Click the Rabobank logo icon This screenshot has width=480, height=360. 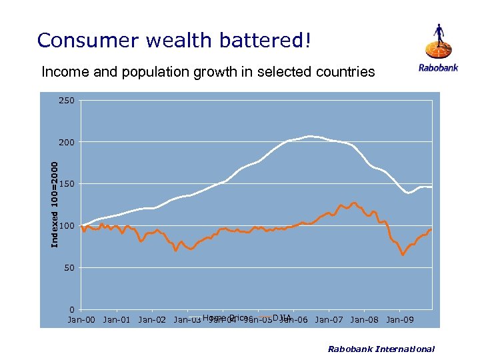439,41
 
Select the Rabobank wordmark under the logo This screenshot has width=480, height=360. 438,67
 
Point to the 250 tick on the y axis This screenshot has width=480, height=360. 67,101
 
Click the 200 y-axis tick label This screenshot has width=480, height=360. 67,143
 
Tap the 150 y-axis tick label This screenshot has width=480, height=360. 67,184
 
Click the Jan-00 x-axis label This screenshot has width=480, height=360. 81,320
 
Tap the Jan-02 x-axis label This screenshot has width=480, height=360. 152,320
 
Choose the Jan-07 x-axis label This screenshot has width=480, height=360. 329,320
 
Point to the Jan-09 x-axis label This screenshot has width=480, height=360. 399,320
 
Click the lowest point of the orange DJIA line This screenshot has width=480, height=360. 403,255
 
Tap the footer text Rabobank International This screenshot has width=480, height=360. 381,349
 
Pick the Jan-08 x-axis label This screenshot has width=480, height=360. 364,320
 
